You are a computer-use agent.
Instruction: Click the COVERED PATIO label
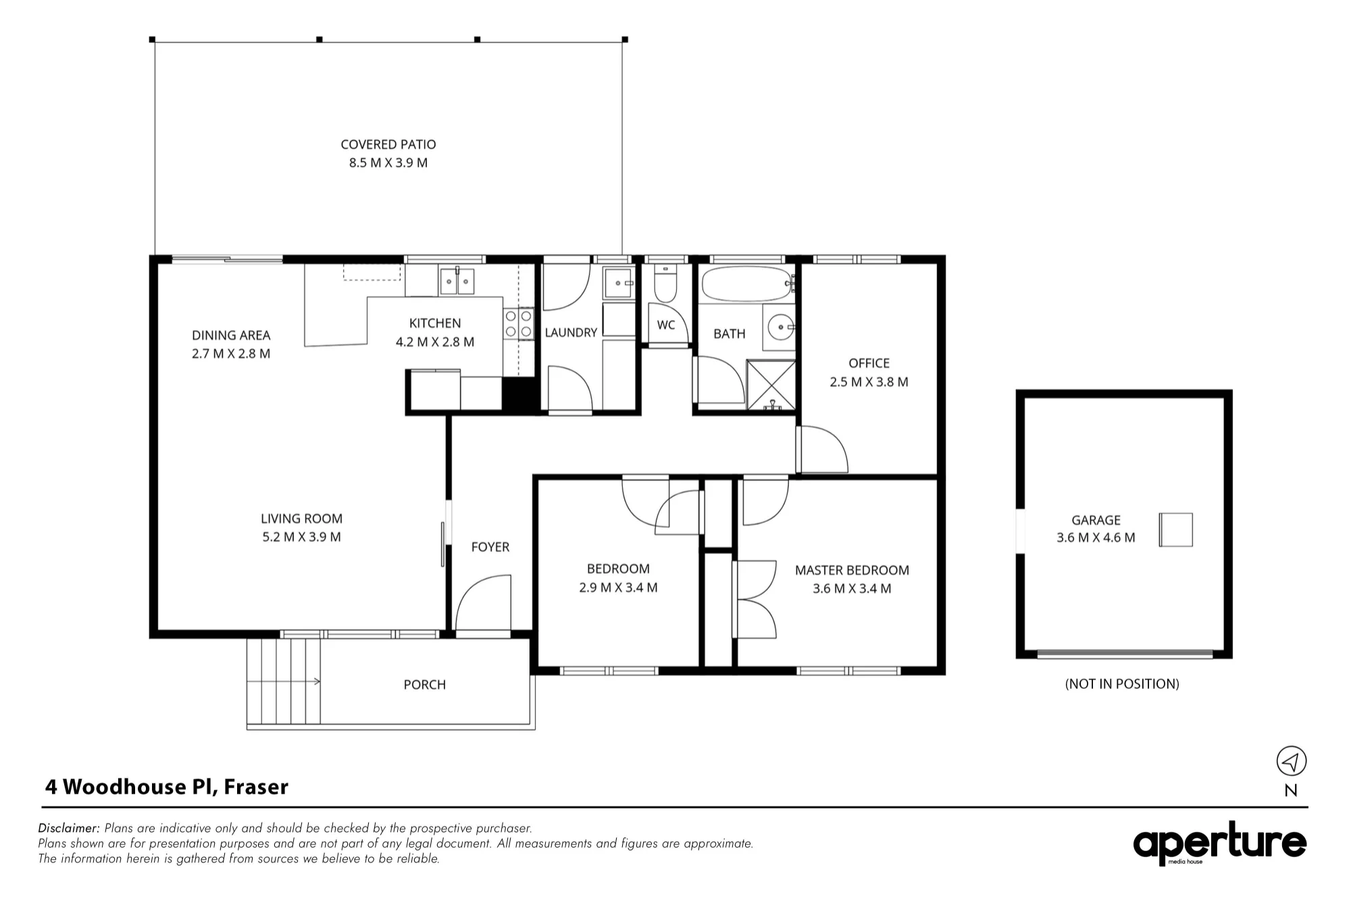(388, 145)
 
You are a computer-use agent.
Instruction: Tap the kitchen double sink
(457, 282)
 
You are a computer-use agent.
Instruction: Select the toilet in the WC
(665, 285)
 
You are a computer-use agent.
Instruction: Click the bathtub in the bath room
(747, 284)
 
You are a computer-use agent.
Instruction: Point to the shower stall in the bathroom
(771, 385)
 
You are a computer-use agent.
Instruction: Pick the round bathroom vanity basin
(781, 328)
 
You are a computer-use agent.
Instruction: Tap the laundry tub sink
(618, 283)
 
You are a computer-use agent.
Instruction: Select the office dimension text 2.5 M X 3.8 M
(869, 382)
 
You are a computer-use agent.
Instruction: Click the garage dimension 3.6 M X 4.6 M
(1096, 538)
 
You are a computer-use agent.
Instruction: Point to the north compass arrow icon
(1291, 761)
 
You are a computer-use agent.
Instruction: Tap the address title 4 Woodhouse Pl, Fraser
(167, 787)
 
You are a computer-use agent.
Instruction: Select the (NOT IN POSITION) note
(1122, 684)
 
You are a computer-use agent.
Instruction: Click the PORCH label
(424, 685)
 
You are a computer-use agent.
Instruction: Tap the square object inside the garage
(1176, 530)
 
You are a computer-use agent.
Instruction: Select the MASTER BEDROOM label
(852, 571)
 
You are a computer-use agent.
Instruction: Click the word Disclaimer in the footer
(69, 828)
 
